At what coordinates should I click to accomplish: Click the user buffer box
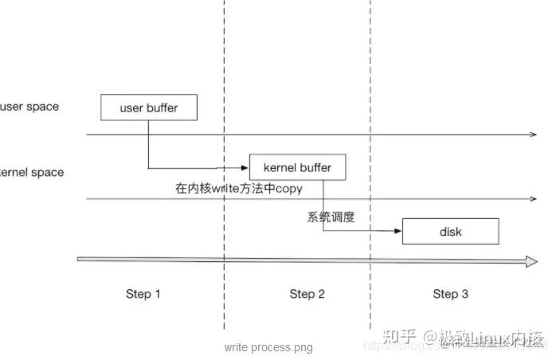click(x=148, y=108)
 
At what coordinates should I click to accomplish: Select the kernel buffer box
click(x=297, y=167)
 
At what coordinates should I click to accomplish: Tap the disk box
click(x=450, y=232)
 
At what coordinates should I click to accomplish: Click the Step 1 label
click(x=143, y=294)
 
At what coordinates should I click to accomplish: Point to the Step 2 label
click(x=307, y=294)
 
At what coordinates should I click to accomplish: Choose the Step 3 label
click(x=450, y=294)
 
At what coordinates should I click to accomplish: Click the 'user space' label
click(x=30, y=107)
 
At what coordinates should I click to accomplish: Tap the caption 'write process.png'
click(x=268, y=347)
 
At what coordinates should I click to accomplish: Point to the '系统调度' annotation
click(x=331, y=217)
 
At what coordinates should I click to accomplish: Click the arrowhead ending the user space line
click(x=534, y=135)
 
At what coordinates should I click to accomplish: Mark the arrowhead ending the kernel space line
click(x=534, y=199)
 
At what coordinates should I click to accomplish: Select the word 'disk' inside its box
click(x=450, y=232)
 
